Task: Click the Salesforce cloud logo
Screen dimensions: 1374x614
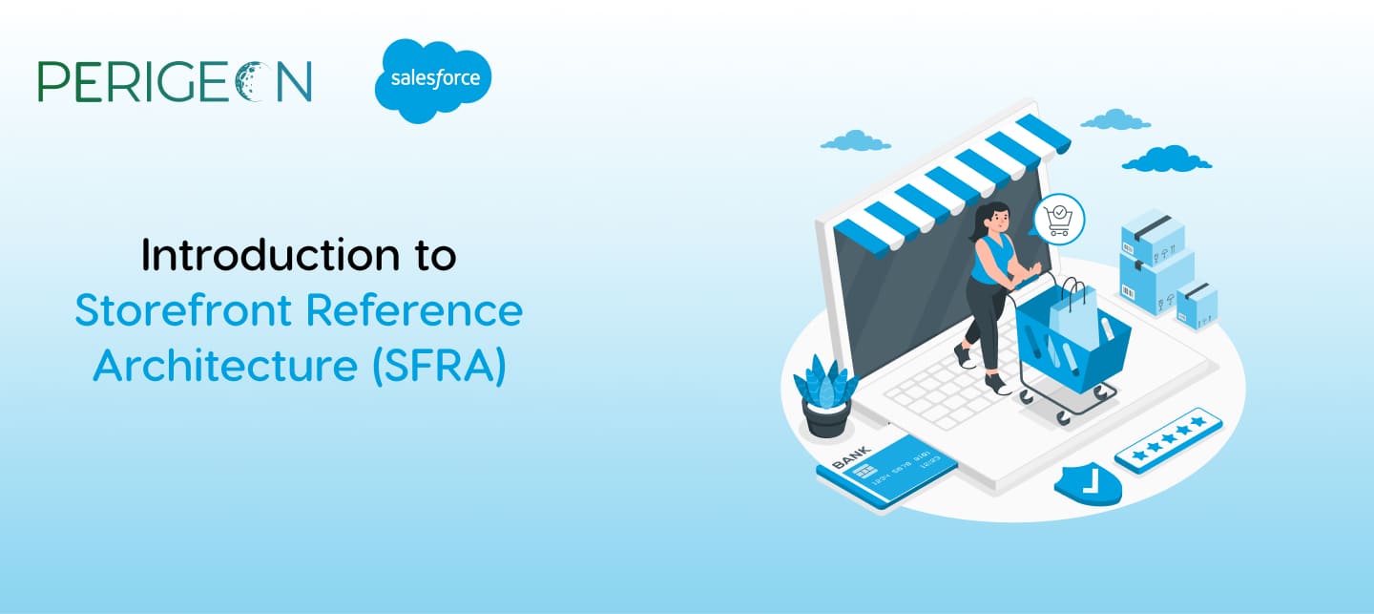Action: coord(433,80)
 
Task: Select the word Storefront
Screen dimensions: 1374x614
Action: coord(183,310)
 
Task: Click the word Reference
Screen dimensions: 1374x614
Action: coord(414,310)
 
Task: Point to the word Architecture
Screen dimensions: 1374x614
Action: coord(225,366)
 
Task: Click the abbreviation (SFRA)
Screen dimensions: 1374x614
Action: coord(440,367)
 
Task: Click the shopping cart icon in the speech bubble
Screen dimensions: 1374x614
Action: coord(1059,220)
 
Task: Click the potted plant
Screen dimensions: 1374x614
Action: coord(825,396)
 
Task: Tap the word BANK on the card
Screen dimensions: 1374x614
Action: coord(851,457)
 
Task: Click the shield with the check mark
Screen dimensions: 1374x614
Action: coord(1088,484)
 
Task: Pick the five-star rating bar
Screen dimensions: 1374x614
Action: coord(1169,440)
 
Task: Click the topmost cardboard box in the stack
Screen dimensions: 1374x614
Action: coord(1153,237)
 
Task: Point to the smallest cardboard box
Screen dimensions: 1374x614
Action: coord(1197,306)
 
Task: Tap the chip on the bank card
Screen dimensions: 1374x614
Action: coord(864,472)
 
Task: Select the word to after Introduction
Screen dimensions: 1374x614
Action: coord(435,256)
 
